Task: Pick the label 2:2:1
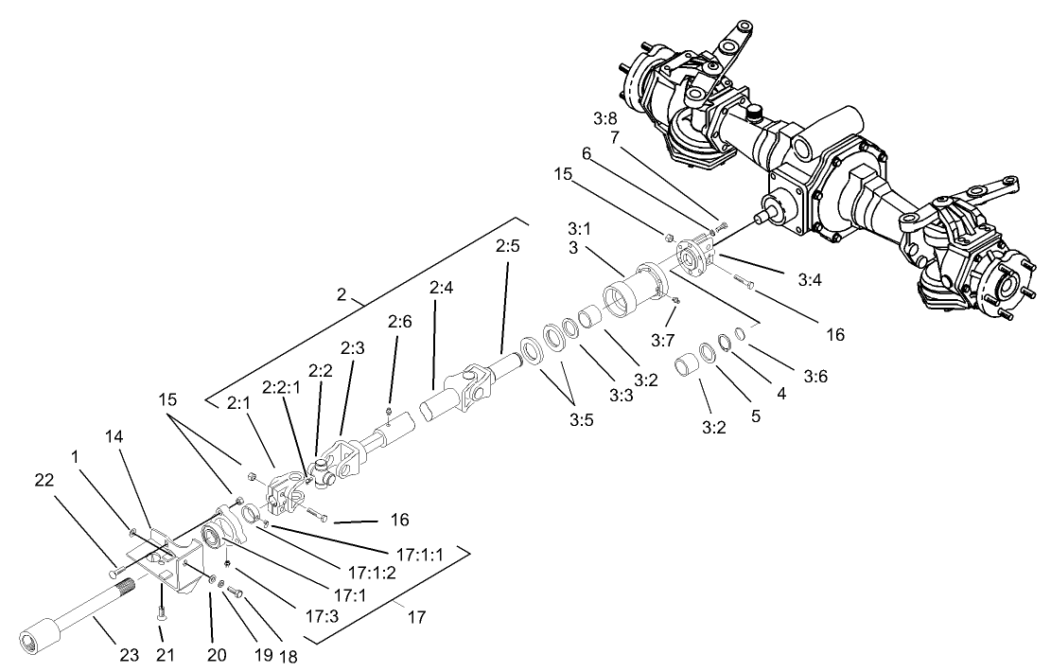[280, 387]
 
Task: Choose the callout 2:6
[400, 322]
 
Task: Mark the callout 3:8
[606, 118]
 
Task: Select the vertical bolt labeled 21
[163, 601]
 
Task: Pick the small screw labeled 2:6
[389, 411]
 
